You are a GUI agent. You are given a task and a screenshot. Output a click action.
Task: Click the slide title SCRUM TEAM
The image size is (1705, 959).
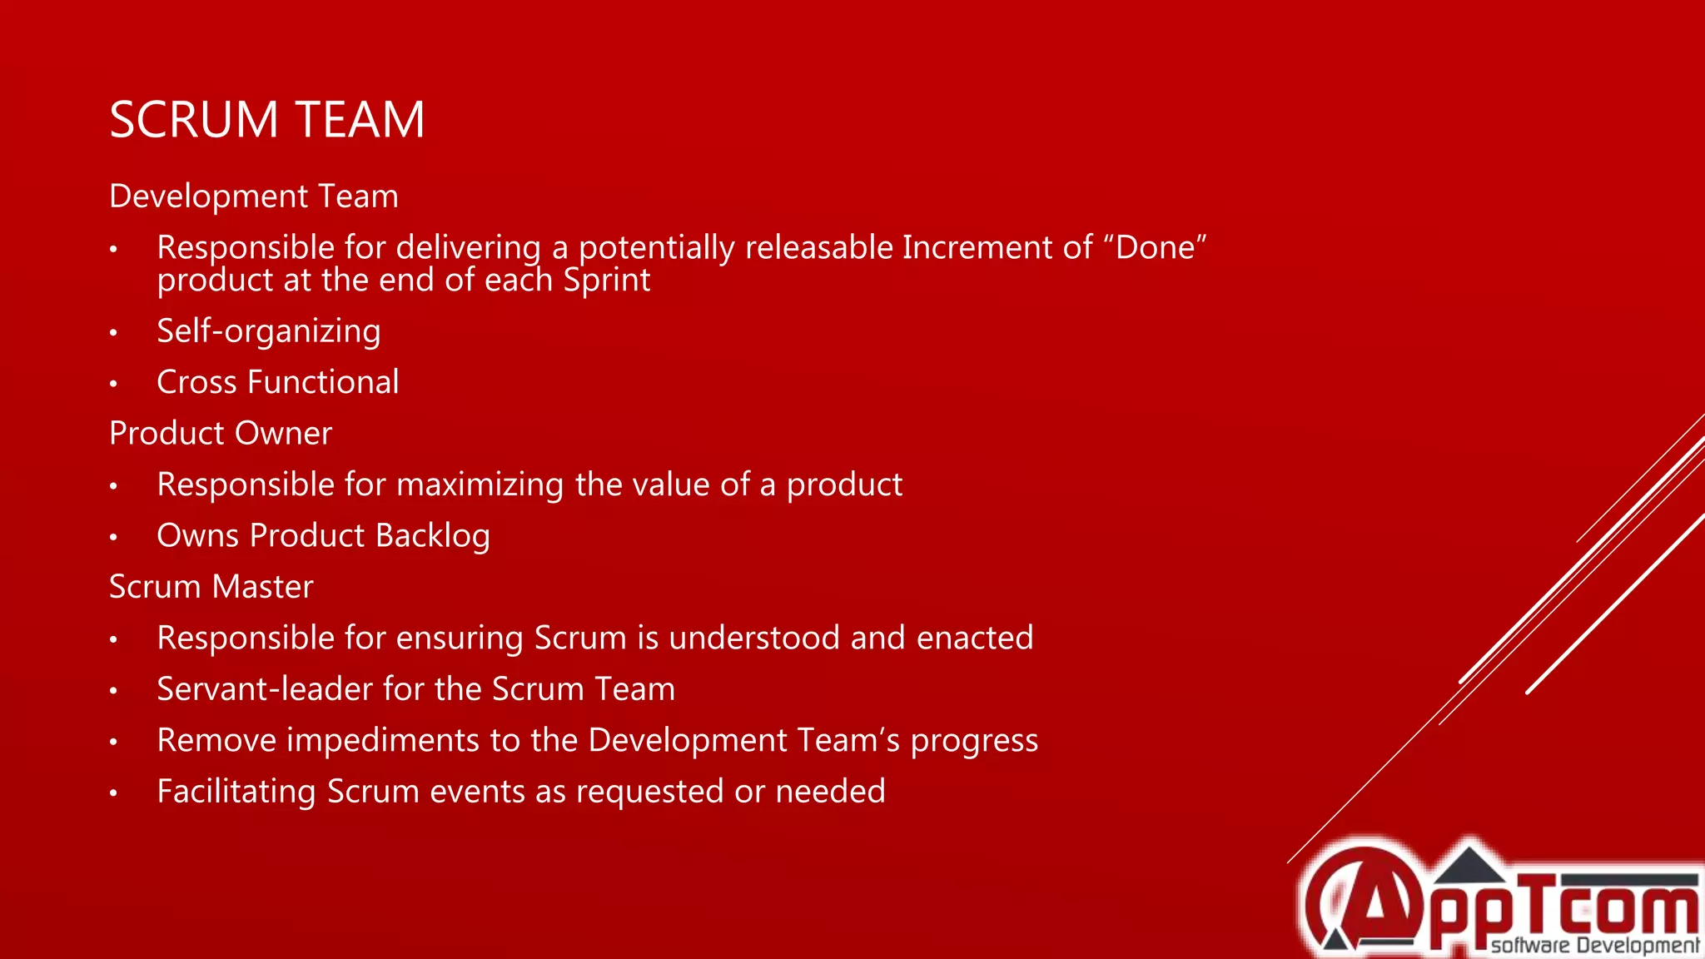coord(266,120)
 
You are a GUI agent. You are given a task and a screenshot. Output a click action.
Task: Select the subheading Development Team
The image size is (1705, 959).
coord(254,196)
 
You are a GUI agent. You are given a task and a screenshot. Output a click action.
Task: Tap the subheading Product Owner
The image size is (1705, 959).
coord(221,434)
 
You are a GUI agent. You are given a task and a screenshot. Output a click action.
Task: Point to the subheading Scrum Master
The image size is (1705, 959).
coord(211,587)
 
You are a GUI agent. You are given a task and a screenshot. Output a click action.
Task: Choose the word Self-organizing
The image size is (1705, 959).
coord(269,331)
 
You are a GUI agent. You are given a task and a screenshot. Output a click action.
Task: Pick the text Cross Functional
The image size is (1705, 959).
coord(278,382)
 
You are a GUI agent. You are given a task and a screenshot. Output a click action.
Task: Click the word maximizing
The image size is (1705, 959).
coord(481,485)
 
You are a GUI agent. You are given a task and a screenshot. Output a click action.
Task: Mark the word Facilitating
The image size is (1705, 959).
coord(236,792)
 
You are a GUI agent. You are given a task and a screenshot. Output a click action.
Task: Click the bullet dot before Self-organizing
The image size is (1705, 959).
coord(114,333)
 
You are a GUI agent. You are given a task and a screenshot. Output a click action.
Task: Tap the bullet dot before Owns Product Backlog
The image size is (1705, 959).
coord(114,538)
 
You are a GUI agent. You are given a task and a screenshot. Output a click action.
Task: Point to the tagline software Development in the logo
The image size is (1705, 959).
coord(1594,946)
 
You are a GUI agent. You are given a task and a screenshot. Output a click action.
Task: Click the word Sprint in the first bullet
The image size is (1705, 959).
coord(606,281)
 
